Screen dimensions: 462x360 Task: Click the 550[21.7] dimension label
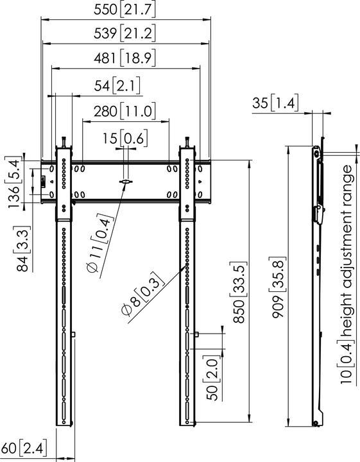(x=126, y=10)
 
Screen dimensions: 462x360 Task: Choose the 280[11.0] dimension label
(x=126, y=110)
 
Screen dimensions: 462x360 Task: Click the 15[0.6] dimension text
(x=126, y=137)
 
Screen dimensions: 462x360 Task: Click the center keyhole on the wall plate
(x=126, y=184)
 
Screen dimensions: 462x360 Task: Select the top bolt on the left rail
(x=64, y=141)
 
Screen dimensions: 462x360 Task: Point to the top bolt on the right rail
(x=187, y=141)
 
